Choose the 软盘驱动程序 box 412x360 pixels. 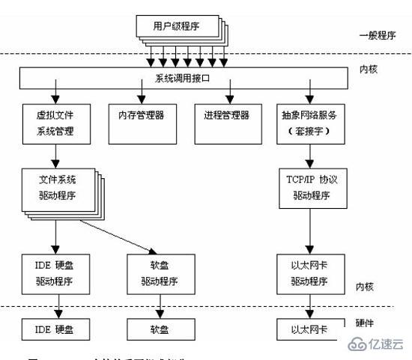[x=158, y=274]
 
